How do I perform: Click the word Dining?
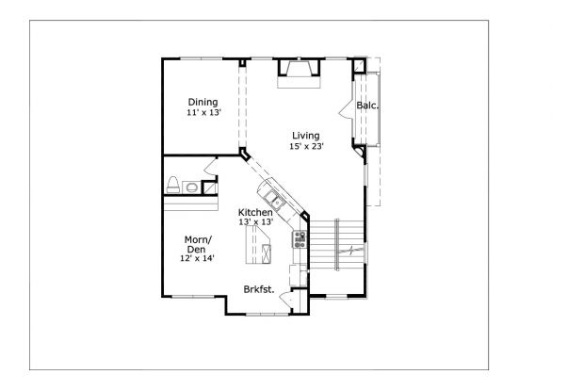click(203, 102)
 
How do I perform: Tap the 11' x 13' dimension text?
click(203, 112)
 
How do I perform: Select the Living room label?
click(305, 136)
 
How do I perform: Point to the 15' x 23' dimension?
click(305, 146)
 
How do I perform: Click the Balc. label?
click(367, 106)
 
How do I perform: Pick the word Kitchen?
click(255, 212)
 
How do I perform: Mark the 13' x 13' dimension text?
click(255, 222)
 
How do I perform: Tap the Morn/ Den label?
click(198, 243)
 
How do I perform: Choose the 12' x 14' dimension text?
click(198, 257)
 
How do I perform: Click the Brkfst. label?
click(259, 289)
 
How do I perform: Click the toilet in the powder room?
click(173, 184)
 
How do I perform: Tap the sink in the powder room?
click(192, 187)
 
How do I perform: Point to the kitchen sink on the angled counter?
click(274, 199)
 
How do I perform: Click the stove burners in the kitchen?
click(300, 238)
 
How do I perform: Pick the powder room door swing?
click(212, 169)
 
